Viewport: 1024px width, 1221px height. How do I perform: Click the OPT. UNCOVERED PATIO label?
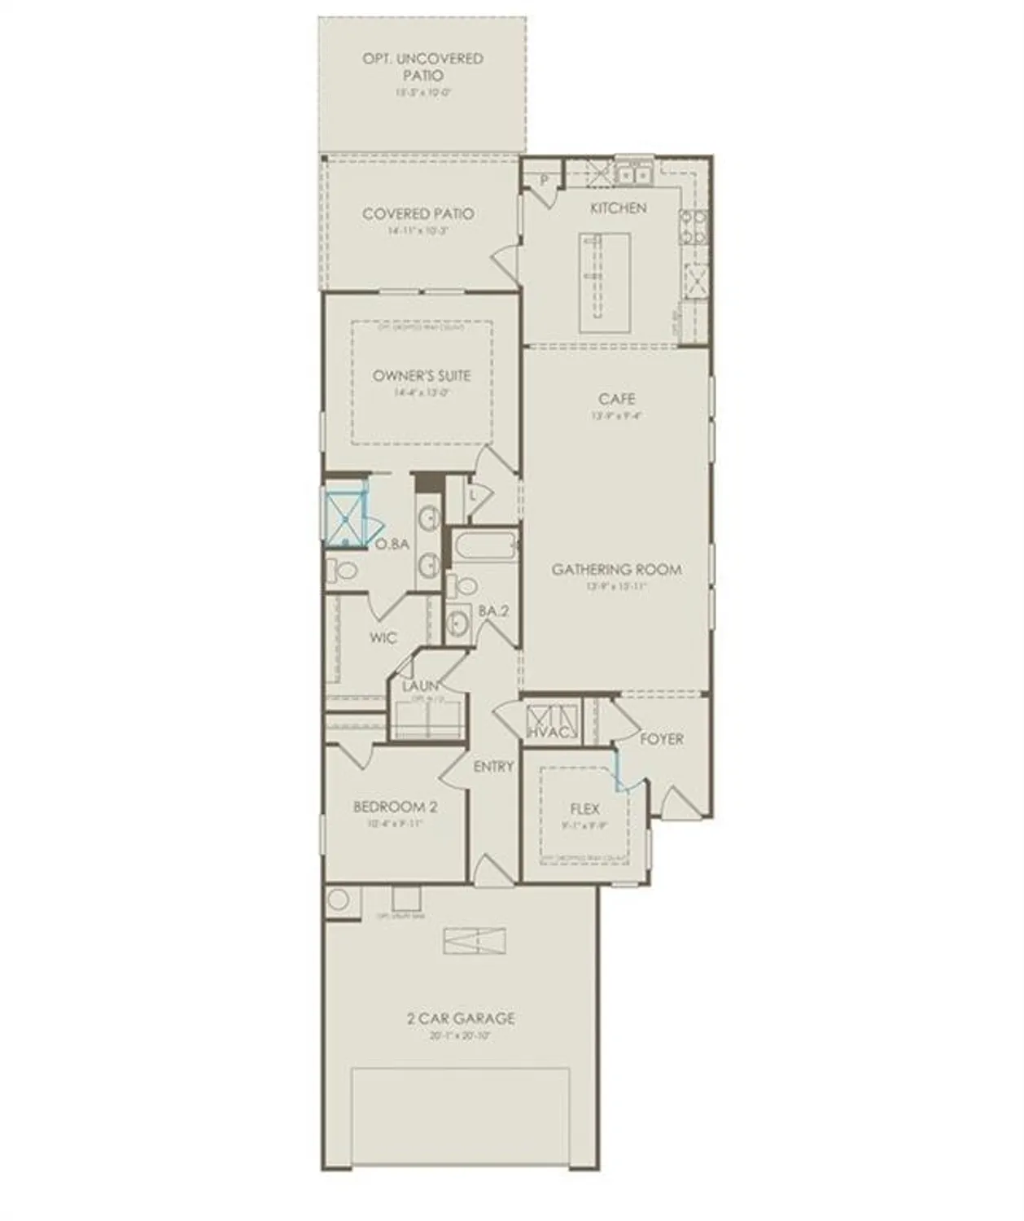click(422, 67)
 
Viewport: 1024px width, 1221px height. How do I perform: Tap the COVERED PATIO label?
click(418, 214)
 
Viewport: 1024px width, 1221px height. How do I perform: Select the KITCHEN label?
click(619, 208)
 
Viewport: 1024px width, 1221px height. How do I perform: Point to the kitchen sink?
click(632, 174)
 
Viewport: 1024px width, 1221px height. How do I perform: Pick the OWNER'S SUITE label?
click(422, 376)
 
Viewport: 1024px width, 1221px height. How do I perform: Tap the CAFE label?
click(617, 399)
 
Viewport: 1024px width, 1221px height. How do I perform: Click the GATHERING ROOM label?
click(617, 570)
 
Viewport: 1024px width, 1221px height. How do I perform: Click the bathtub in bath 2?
click(484, 546)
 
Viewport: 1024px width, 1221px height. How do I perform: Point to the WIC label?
click(383, 637)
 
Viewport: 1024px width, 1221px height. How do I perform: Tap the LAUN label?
click(420, 686)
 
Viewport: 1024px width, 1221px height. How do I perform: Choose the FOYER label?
click(661, 739)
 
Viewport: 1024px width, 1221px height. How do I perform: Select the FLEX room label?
click(584, 808)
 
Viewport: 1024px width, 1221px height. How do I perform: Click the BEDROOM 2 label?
click(395, 807)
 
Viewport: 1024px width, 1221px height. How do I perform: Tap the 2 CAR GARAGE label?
click(461, 1018)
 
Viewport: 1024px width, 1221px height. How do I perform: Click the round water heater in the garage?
click(339, 900)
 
